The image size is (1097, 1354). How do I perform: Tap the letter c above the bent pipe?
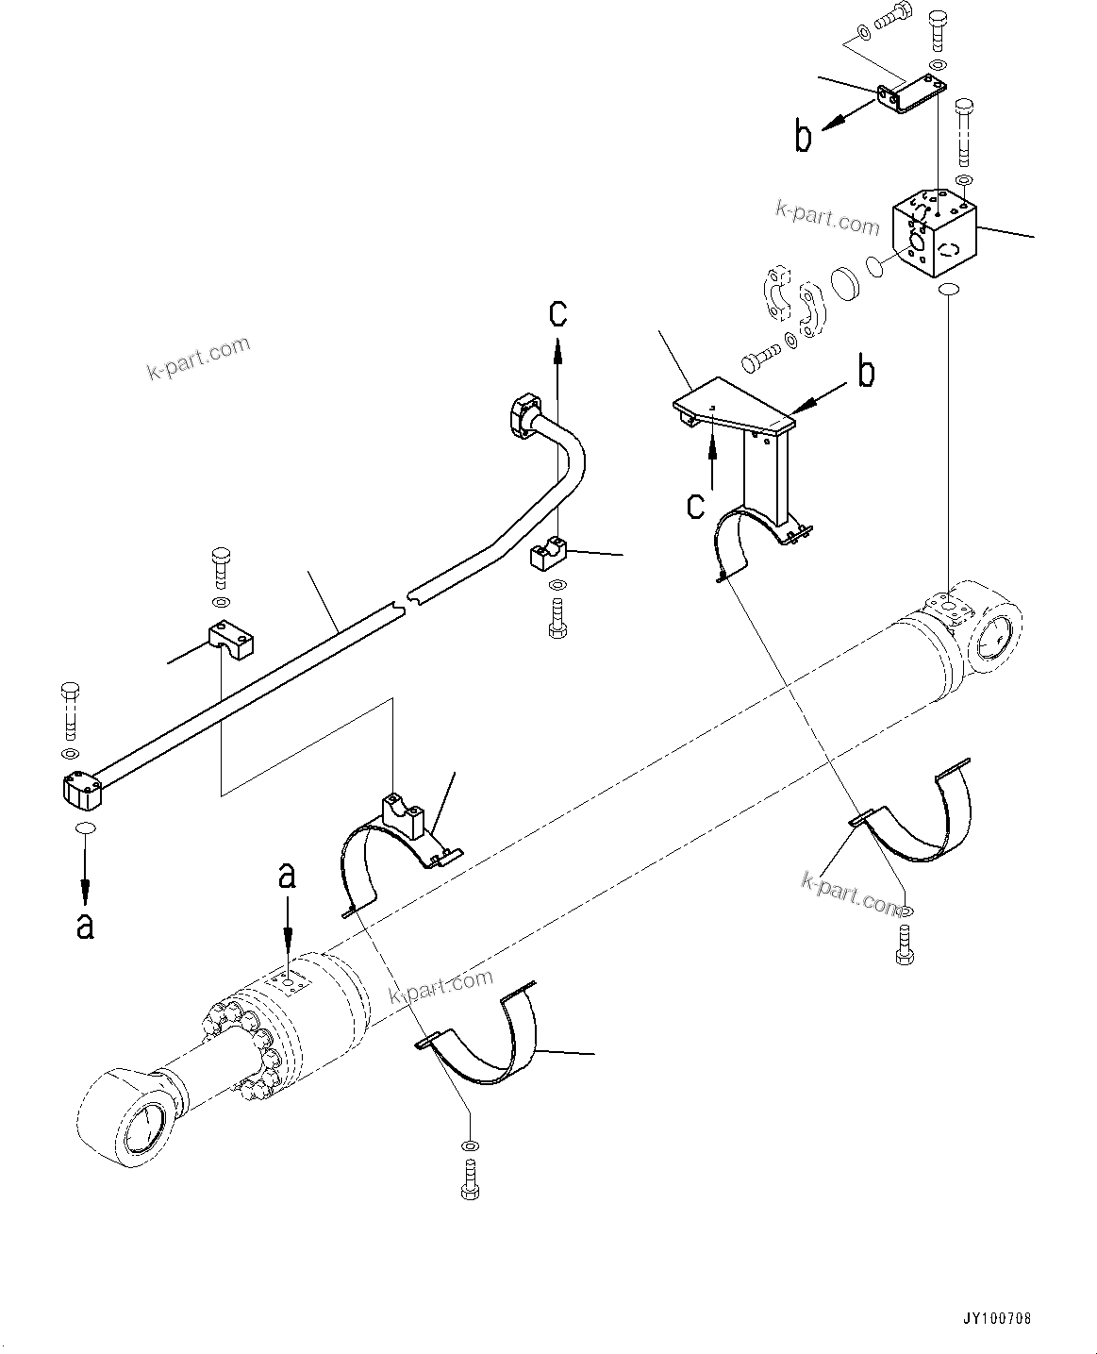pos(558,312)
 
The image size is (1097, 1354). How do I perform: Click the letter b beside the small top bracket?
pos(803,138)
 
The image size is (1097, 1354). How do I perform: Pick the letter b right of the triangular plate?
pos(865,372)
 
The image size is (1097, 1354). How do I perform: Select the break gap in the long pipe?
pos(405,599)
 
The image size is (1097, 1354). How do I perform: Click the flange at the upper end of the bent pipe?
pos(524,413)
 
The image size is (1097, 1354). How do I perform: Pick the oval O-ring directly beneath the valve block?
pos(947,289)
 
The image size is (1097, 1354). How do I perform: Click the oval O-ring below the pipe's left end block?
pos(85,827)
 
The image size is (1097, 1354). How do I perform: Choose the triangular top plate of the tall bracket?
pos(732,403)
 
